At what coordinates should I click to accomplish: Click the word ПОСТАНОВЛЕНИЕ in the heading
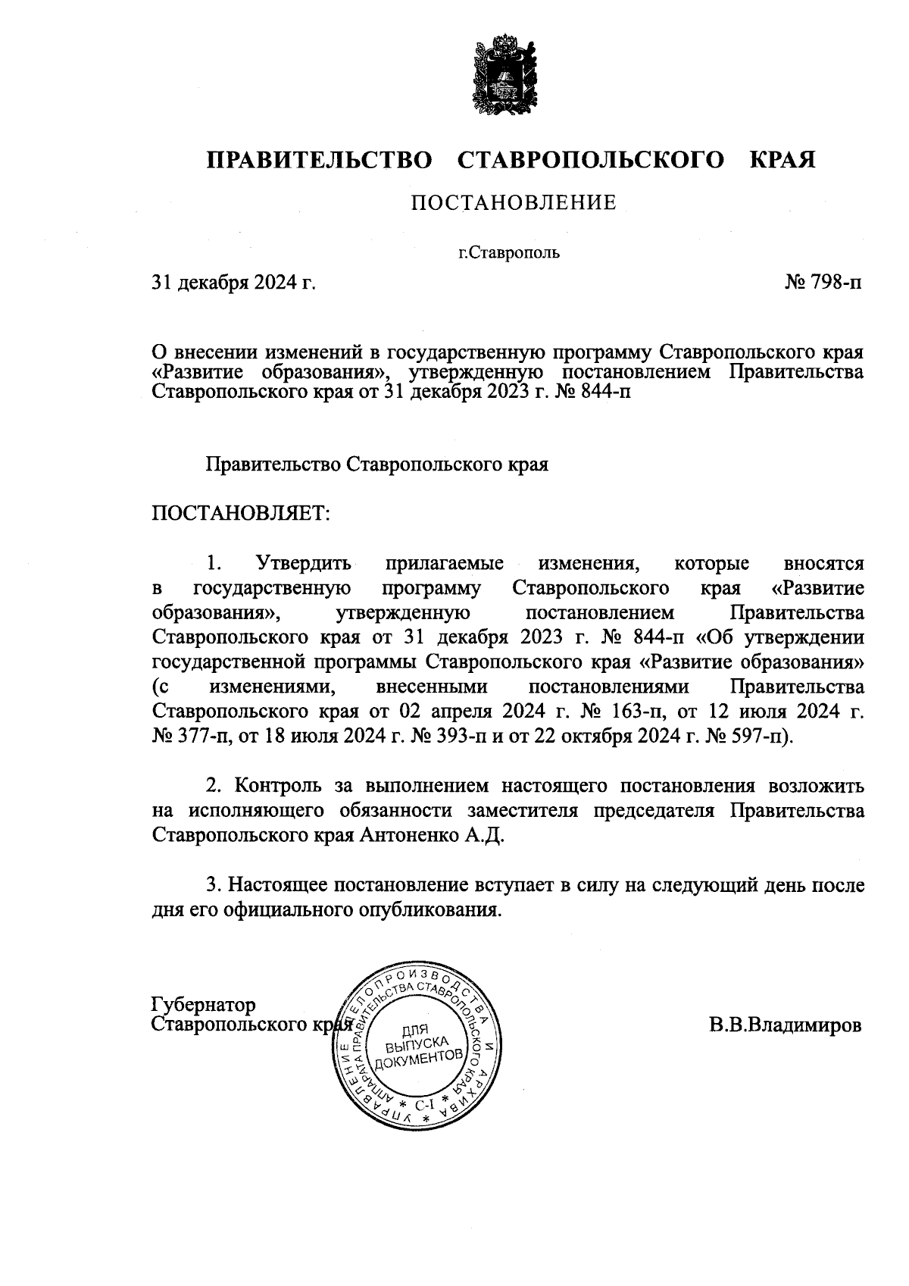click(513, 203)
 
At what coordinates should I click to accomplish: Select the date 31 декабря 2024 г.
click(233, 283)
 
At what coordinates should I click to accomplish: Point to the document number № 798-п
click(823, 283)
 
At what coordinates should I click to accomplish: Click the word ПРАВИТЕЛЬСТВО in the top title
click(319, 161)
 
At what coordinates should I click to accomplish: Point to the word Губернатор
click(204, 1005)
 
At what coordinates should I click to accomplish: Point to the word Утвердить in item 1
click(304, 564)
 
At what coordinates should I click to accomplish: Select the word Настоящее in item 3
click(279, 885)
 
